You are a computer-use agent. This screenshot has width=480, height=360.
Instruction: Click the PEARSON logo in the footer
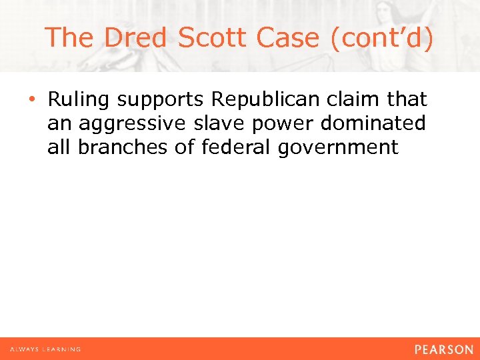pyautogui.click(x=443, y=349)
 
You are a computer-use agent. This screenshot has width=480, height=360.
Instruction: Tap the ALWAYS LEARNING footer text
pyautogui.click(x=45, y=349)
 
